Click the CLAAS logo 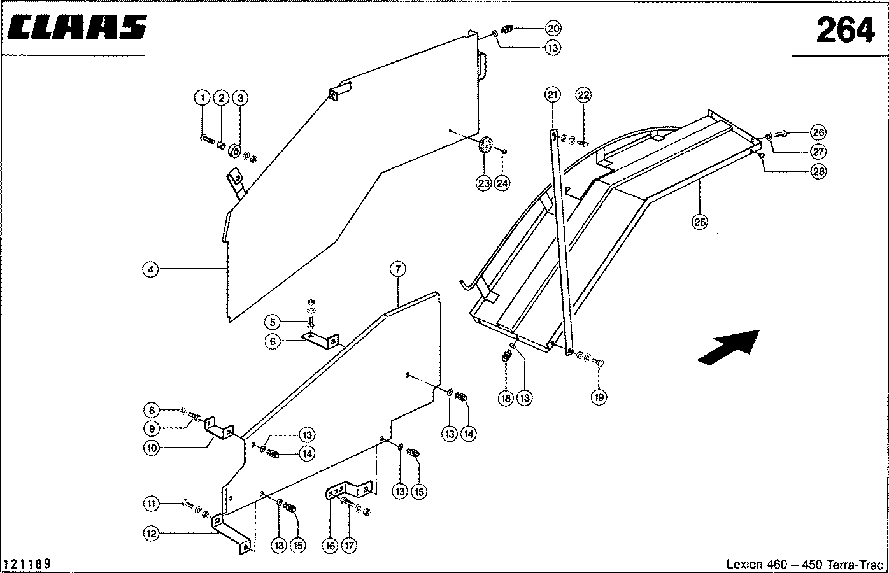77,27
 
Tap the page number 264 845,30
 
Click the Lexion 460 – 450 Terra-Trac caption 804,564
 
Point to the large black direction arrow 729,347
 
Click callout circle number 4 150,270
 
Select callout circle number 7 398,269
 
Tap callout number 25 699,222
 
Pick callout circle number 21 553,95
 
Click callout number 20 553,28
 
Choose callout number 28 819,171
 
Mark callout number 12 151,534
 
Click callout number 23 483,183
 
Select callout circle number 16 331,546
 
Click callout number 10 151,448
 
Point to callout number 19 599,397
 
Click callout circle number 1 202,98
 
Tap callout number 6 273,341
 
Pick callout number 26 819,132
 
